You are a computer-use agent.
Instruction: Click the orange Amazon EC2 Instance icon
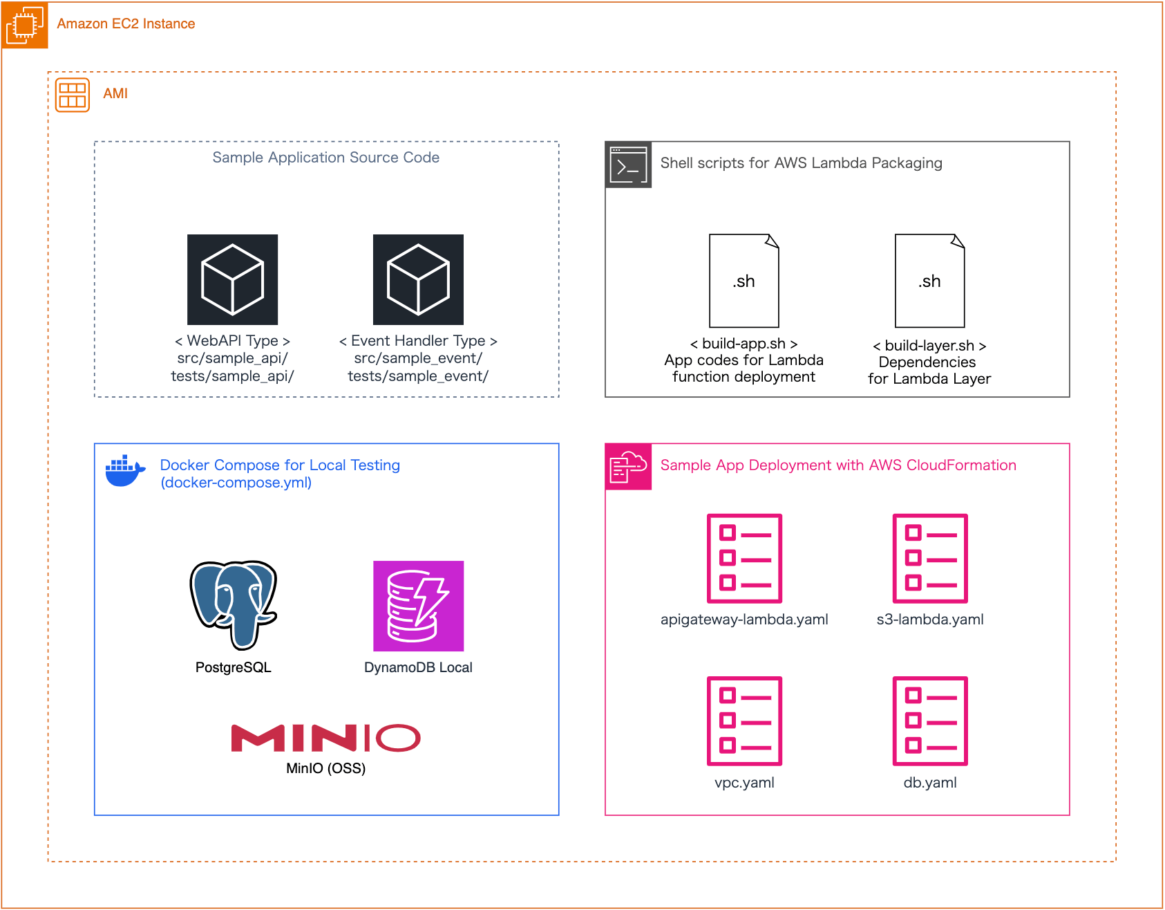tap(25, 25)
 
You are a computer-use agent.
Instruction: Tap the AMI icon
tap(73, 95)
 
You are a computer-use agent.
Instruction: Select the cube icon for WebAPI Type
tap(232, 279)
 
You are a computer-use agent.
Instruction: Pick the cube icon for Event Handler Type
tap(418, 279)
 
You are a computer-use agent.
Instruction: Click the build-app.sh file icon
tap(744, 281)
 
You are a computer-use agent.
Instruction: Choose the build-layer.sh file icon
tap(929, 281)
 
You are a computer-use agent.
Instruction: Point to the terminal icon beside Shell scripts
tap(628, 165)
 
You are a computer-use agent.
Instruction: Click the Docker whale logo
tap(125, 471)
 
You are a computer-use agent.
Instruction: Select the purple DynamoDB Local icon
tap(418, 606)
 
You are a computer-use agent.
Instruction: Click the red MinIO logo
tap(325, 738)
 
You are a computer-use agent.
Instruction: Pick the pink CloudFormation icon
tap(628, 467)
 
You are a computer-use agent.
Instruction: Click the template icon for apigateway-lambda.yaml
tap(744, 558)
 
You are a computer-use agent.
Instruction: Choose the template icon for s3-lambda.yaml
tap(930, 558)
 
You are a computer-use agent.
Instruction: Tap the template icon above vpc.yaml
tap(744, 721)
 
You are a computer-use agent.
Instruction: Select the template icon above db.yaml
tap(930, 721)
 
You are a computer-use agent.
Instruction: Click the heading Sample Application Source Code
tap(325, 158)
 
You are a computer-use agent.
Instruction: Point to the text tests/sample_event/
tap(418, 376)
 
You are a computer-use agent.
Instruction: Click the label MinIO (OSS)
tap(325, 768)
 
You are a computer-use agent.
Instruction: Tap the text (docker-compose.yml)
tap(236, 483)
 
